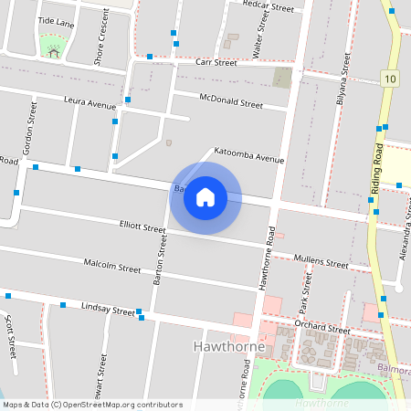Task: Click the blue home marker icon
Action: coord(205,197)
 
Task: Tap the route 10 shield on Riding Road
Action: coord(390,79)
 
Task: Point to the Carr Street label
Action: coord(216,62)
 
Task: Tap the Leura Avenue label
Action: coord(90,103)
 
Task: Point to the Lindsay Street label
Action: coord(108,309)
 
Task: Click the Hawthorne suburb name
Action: coord(230,347)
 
